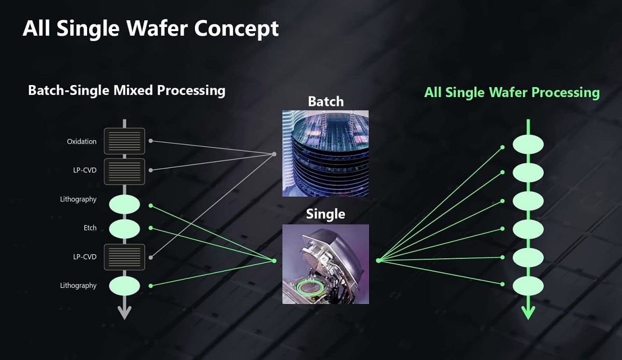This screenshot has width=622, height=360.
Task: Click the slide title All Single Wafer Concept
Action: pos(150,29)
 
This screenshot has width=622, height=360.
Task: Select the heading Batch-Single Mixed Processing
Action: pos(126,90)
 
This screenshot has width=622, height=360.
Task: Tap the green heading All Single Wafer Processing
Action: pos(512,92)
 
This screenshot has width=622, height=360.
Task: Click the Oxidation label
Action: pos(81,142)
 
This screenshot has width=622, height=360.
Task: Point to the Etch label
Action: pos(90,228)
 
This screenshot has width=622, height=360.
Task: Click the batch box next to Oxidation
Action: pos(124,141)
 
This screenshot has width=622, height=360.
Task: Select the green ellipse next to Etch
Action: pos(124,228)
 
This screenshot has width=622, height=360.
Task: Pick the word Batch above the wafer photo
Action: pos(326,101)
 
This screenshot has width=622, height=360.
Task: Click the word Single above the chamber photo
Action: pos(326,213)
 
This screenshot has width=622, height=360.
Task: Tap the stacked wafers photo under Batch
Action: pos(326,153)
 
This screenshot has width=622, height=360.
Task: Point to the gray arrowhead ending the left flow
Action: pos(124,312)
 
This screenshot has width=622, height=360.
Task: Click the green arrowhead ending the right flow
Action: pos(528,312)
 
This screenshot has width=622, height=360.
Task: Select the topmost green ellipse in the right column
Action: pos(528,144)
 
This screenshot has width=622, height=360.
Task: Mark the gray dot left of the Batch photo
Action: pos(275,154)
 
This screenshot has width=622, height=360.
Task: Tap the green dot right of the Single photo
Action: pos(378,260)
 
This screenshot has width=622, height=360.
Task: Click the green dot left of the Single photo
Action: pos(274,260)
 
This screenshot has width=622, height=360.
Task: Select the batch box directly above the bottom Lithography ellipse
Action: pos(124,257)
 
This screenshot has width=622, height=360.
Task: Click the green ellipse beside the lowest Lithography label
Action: pos(124,285)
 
